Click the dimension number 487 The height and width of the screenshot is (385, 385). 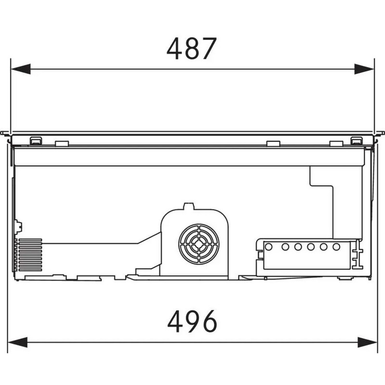192,49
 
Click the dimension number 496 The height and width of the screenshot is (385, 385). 192,321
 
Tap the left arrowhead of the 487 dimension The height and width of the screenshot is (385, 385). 21,69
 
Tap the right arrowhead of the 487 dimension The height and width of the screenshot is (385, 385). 364,69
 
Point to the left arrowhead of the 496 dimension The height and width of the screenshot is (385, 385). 17,342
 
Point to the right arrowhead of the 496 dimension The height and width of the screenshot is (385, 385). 368,342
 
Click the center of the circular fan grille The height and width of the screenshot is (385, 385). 199,244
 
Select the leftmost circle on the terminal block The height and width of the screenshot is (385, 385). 269,247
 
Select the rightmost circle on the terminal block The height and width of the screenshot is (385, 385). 336,247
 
